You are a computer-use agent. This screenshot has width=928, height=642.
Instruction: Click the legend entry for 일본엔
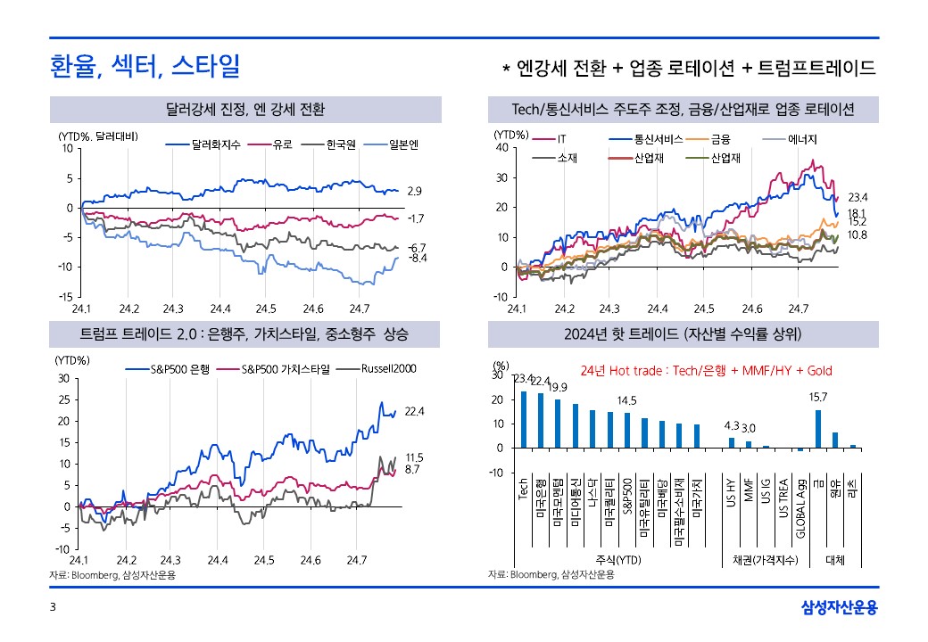click(x=410, y=144)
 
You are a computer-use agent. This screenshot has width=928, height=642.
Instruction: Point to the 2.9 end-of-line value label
click(x=414, y=192)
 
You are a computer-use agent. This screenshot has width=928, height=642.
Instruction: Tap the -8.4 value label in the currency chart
click(x=418, y=258)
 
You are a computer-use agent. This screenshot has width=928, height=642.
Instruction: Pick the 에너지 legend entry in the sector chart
click(x=802, y=139)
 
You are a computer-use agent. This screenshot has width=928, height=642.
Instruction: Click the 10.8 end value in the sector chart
click(x=857, y=235)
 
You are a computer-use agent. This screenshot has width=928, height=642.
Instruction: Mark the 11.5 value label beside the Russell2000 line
click(x=414, y=457)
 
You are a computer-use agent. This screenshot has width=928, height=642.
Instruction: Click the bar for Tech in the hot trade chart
click(x=524, y=419)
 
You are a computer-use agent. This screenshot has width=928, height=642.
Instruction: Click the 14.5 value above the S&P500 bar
click(x=626, y=400)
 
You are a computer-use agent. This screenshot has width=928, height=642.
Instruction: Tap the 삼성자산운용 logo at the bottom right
click(x=839, y=608)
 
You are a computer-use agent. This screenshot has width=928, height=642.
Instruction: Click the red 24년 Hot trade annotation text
click(x=705, y=370)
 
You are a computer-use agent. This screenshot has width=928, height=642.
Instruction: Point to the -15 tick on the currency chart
click(x=65, y=297)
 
